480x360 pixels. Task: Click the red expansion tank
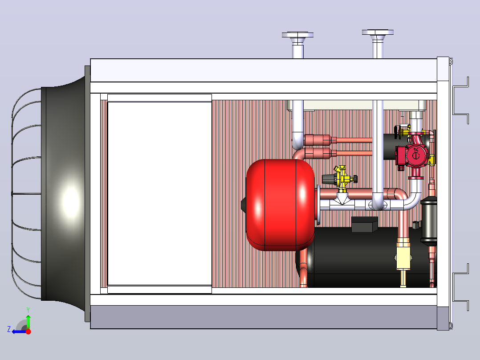tap(280, 205)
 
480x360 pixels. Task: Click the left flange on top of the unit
tap(297, 35)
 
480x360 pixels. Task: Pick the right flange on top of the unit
tap(378, 32)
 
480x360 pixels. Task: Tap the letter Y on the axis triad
tap(28, 310)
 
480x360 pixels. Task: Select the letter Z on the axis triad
tap(9, 329)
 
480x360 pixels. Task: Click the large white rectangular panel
tap(159, 194)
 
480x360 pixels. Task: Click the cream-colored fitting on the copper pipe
tap(403, 258)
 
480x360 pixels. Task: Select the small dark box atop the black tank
tap(365, 224)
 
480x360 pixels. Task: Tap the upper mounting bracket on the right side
tap(461, 101)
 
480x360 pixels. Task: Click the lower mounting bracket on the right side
tap(461, 287)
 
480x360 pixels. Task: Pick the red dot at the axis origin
tap(28, 331)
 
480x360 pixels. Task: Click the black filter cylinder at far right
tap(428, 220)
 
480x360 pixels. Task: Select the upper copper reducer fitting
tap(320, 140)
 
